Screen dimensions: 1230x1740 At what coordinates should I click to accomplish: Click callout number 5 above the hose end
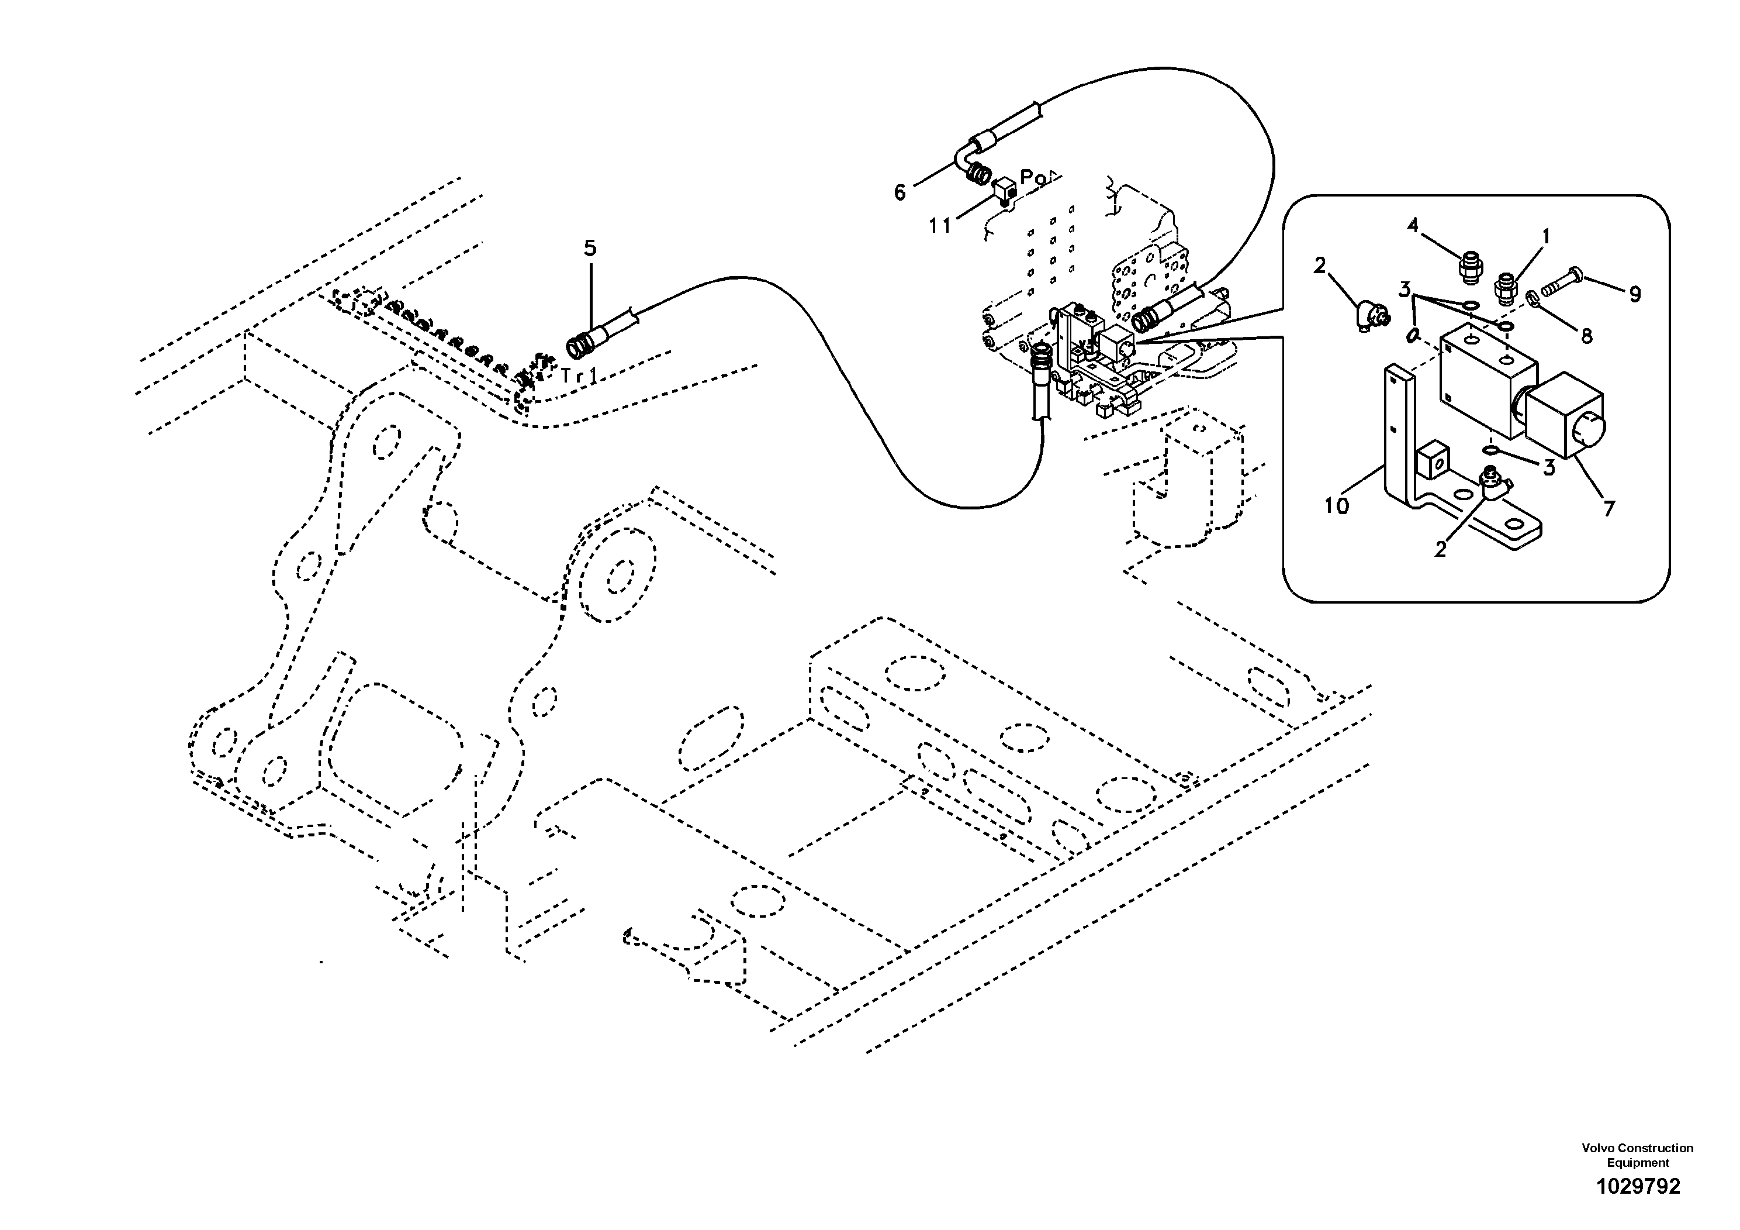coord(590,248)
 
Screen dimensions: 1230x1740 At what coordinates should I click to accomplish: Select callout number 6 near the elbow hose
coord(900,192)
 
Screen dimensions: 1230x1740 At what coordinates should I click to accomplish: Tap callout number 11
coord(940,226)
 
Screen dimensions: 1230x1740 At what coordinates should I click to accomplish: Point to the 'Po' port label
coord(1032,178)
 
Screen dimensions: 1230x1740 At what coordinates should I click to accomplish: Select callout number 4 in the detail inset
coord(1413,225)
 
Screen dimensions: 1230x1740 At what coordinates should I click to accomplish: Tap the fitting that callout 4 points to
coord(1468,269)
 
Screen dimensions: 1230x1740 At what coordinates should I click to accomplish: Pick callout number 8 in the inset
coord(1586,335)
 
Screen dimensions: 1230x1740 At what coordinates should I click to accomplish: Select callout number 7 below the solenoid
coord(1609,509)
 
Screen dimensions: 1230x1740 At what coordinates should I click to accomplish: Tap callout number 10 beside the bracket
coord(1336,506)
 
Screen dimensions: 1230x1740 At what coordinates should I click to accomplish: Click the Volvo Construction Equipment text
coord(1637,1156)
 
